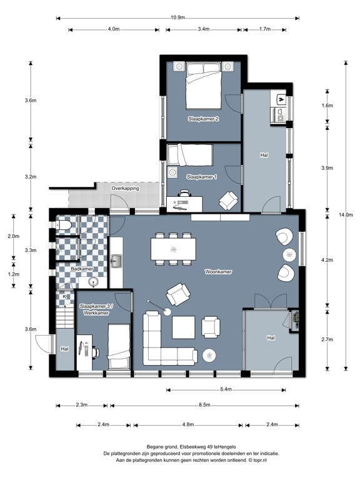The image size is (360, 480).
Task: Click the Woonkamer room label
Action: [218, 272]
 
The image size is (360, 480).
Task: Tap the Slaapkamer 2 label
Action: [203, 119]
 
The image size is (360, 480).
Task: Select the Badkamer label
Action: [82, 269]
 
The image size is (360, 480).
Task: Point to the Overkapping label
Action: [125, 189]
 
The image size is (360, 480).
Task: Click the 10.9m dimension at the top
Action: [178, 17]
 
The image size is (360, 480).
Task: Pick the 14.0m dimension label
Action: [346, 215]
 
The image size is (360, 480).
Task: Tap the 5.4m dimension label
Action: [226, 390]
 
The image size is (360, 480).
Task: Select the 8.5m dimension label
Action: [204, 405]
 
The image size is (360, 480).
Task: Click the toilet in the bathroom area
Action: [64, 226]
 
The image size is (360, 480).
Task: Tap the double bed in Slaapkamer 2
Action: [204, 86]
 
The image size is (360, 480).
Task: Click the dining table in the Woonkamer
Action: [173, 249]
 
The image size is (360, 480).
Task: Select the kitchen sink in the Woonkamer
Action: [116, 261]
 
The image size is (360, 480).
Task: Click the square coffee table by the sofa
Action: [183, 327]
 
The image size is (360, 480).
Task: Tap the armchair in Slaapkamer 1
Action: [228, 201]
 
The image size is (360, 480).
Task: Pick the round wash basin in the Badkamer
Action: [92, 282]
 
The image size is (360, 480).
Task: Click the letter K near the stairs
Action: [64, 297]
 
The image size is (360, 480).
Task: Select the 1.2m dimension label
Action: [14, 274]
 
